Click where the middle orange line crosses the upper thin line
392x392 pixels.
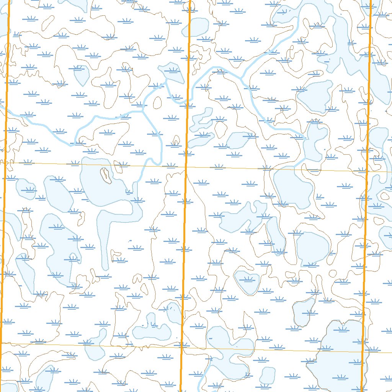pyautogui.click(x=186, y=167)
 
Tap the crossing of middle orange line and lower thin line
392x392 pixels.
pyautogui.click(x=181, y=348)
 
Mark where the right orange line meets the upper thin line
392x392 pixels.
pyautogui.click(x=367, y=171)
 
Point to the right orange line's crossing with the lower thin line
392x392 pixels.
pyautogui.click(x=363, y=352)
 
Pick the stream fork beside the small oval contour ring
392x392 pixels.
pyautogui.click(x=142, y=110)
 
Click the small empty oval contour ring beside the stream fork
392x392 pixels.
pyautogui.click(x=157, y=102)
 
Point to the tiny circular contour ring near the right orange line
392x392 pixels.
pyautogui.click(x=333, y=273)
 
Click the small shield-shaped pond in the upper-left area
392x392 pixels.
pyautogui.click(x=81, y=75)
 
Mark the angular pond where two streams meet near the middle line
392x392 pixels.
pyautogui.click(x=171, y=73)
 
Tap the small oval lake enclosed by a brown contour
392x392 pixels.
pyautogui.click(x=247, y=283)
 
